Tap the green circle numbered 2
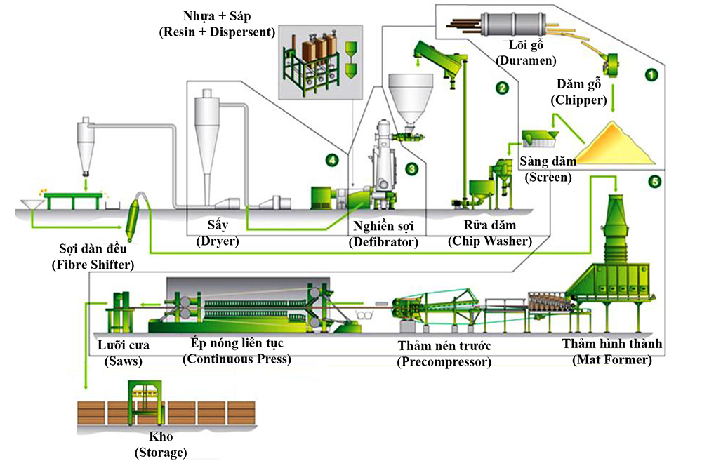pyautogui.click(x=501, y=88)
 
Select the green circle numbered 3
pyautogui.click(x=412, y=168)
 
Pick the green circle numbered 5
pyautogui.click(x=654, y=182)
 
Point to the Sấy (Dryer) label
pyautogui.click(x=218, y=233)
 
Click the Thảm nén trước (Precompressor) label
pyautogui.click(x=444, y=354)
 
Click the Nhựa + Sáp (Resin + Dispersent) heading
pyautogui.click(x=216, y=24)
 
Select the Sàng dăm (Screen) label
pyautogui.click(x=548, y=169)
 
